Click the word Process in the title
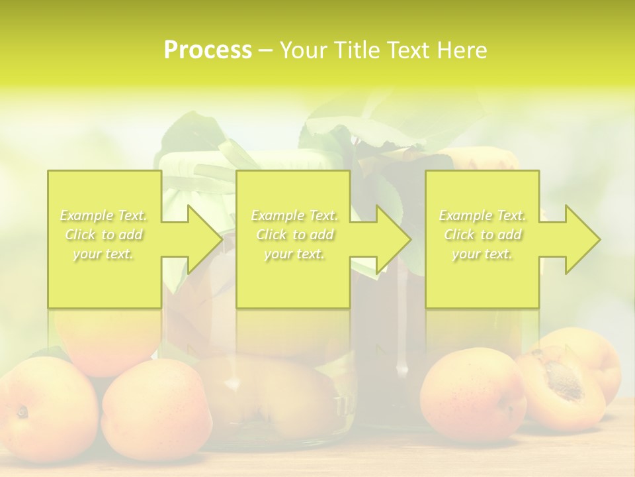coord(208,50)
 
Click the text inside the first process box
coord(104,235)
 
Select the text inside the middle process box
coord(294,235)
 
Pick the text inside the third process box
coord(482,235)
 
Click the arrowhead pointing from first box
coord(198,239)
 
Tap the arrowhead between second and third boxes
coord(388,239)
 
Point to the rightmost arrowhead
coord(577,239)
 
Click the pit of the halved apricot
coord(564,378)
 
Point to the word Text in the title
coord(409,50)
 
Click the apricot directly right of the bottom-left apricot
coord(155,411)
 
